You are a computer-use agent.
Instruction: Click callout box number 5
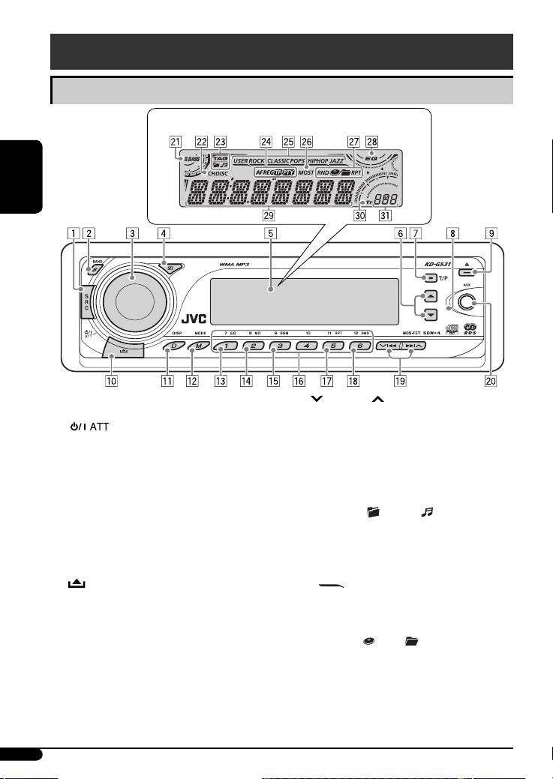[269, 232]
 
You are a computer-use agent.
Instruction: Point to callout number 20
[491, 380]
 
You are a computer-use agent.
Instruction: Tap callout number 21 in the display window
[175, 140]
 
